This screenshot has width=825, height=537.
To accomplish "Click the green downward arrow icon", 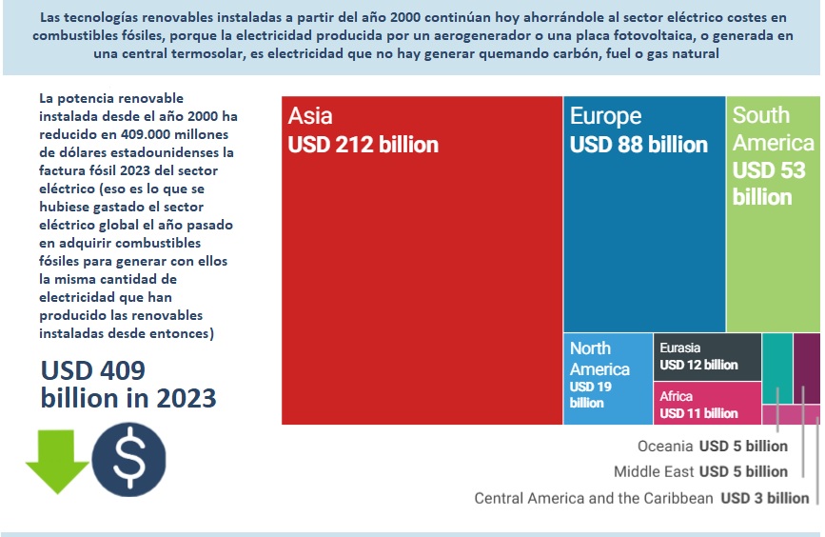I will click(x=57, y=461).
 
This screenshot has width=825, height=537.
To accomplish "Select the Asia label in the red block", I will click(x=310, y=116).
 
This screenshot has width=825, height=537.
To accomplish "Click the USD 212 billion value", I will click(x=363, y=145).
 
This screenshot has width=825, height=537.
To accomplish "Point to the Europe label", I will click(x=605, y=116).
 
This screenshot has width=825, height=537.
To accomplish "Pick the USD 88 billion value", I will click(x=638, y=145).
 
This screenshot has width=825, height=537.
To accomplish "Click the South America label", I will click(x=773, y=129).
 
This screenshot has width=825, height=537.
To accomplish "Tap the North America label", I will click(x=599, y=358).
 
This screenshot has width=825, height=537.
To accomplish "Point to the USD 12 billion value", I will click(x=698, y=365).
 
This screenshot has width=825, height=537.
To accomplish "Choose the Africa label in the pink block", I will click(x=677, y=396).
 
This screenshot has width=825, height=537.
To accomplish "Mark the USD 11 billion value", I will click(x=698, y=413).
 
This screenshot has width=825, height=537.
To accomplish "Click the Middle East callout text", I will click(x=654, y=471).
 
